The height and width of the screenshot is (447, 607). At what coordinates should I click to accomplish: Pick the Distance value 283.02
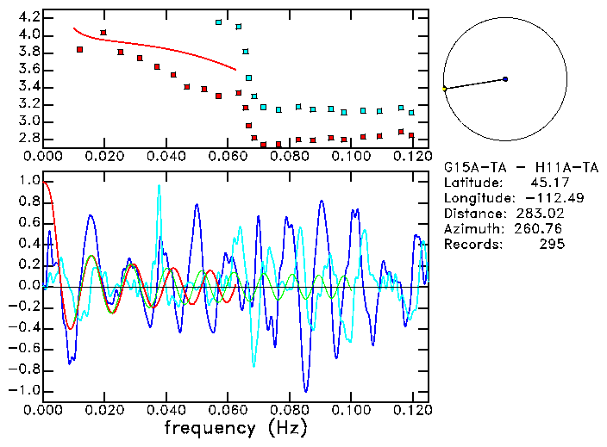(543, 214)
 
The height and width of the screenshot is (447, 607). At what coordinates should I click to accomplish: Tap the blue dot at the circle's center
(505, 79)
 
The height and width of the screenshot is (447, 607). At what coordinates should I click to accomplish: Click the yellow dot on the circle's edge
(444, 89)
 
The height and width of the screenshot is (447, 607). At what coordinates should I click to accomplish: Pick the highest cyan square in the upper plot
(219, 22)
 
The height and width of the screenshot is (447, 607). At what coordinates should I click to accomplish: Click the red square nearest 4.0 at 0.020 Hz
(103, 33)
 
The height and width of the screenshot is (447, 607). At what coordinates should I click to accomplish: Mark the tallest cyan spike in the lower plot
(159, 186)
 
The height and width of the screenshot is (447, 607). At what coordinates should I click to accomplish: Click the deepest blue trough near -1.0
(304, 391)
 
